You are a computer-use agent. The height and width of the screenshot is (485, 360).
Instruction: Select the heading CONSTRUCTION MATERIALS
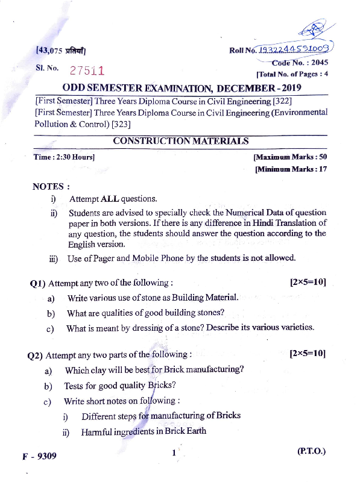tap(180, 141)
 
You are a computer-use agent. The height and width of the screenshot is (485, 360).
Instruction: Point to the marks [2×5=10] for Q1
tap(308, 282)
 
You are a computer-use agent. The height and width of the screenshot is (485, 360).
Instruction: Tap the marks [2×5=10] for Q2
tap(308, 354)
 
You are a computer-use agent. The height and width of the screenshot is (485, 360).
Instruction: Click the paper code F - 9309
tap(40, 456)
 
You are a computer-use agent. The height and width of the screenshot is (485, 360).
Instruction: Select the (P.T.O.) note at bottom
tap(311, 451)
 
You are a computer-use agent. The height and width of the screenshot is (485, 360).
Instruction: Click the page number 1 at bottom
tap(174, 453)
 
